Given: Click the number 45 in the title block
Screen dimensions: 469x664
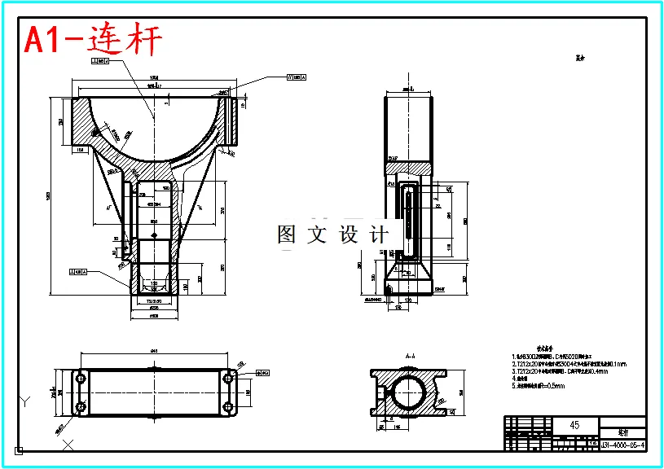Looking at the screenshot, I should (x=575, y=425).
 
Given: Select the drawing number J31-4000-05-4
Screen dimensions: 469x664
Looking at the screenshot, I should (x=623, y=445).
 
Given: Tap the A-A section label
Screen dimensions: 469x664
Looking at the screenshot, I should (x=411, y=357).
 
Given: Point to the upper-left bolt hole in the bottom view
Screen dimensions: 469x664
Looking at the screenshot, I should (x=81, y=379).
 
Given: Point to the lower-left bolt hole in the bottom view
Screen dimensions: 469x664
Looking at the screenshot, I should (x=81, y=406).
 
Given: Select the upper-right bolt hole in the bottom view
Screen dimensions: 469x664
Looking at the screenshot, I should (x=228, y=379).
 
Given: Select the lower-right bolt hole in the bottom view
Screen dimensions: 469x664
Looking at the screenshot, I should (x=228, y=406).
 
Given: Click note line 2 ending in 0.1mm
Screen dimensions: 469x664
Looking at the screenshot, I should (x=570, y=364).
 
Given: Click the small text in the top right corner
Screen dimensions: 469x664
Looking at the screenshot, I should (x=581, y=59).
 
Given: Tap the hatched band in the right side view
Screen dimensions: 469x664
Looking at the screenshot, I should (x=407, y=167).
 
